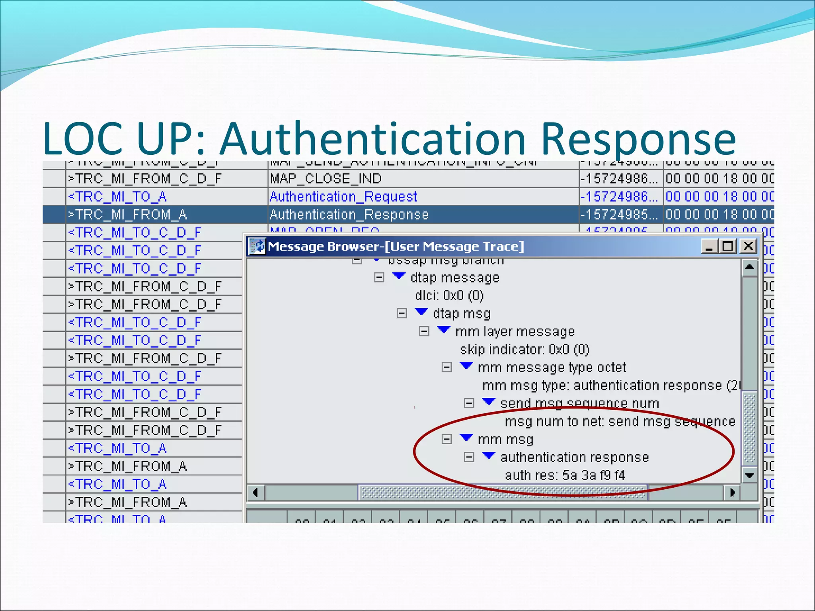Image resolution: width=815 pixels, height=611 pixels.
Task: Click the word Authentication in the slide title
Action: point(373,139)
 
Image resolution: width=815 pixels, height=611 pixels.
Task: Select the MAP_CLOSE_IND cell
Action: point(326,179)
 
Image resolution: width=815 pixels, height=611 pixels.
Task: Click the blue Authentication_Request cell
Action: point(343,197)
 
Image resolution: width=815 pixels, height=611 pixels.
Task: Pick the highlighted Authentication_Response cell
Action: point(349,215)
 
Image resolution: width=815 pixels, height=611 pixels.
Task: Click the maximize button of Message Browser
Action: point(728,246)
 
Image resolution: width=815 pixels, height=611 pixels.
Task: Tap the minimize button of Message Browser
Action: point(709,246)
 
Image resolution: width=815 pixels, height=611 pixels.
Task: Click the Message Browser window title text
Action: point(396,246)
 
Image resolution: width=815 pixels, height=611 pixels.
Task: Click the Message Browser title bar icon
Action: point(257,246)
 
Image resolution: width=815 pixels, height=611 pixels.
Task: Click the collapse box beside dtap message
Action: point(379,277)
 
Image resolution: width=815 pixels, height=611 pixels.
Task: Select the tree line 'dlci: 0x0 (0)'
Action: point(449,296)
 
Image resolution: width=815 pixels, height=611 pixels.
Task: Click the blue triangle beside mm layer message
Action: point(443,330)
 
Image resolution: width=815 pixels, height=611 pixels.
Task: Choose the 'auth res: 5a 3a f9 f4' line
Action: point(565,475)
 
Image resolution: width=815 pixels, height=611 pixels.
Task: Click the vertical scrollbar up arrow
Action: point(749,267)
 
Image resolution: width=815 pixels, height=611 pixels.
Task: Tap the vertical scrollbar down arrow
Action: point(749,475)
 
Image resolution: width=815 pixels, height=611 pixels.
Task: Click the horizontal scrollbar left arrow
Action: point(255,492)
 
